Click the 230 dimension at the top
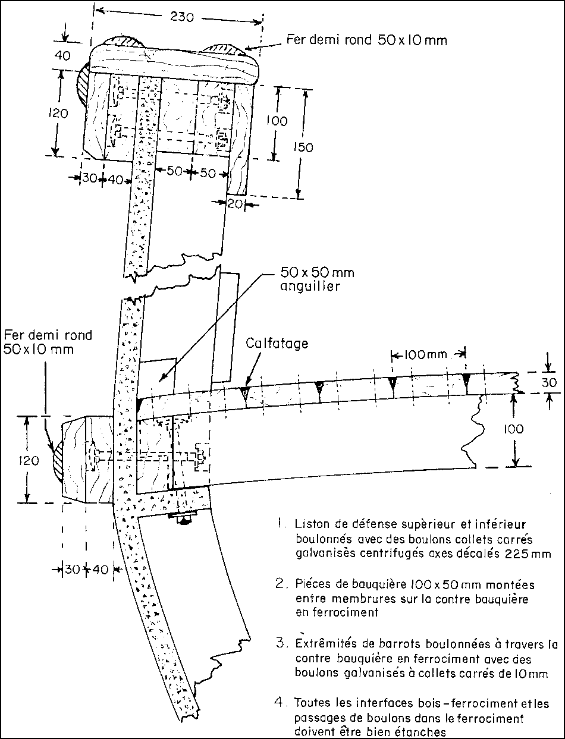tap(182, 17)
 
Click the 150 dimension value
tap(303, 147)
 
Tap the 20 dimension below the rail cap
tap(235, 203)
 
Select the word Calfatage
tap(277, 344)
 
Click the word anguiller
tap(310, 287)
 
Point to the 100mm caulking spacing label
tap(426, 354)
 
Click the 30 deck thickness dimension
tap(549, 382)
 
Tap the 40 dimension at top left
tap(62, 55)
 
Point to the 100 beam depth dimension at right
tap(513, 429)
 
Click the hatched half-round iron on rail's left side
tap(83, 84)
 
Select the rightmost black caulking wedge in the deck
tap(466, 380)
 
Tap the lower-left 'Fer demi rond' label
tap(48, 342)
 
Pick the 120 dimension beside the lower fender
tap(29, 461)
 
